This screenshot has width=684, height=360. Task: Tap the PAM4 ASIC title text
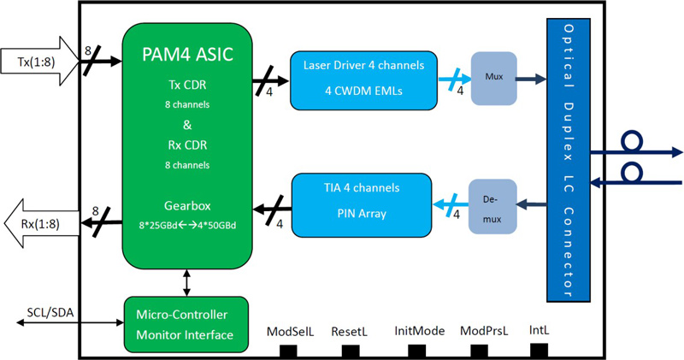point(187,56)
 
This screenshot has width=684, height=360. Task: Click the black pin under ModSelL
point(288,350)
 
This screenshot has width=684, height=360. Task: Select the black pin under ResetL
point(351,350)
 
